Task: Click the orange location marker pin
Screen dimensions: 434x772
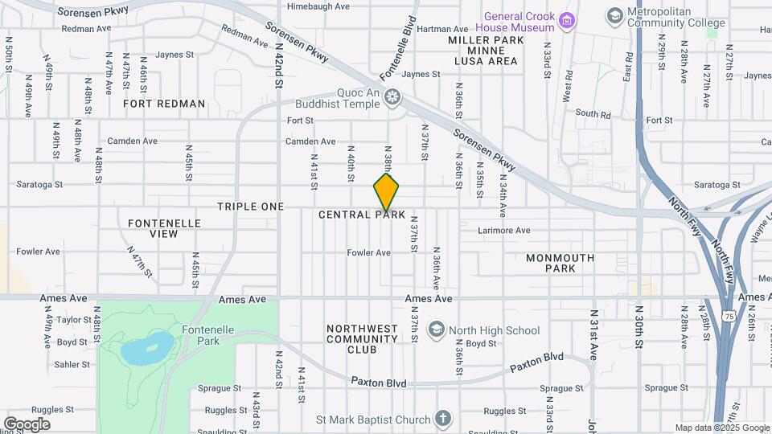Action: pyautogui.click(x=386, y=191)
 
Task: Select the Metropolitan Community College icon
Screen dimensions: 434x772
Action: pyautogui.click(x=615, y=16)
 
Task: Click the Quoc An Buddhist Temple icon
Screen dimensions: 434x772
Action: pyautogui.click(x=392, y=98)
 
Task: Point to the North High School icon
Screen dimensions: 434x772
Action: pyautogui.click(x=436, y=330)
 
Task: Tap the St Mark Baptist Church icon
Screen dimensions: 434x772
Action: pyautogui.click(x=442, y=418)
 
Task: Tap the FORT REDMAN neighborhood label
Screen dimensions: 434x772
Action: pyautogui.click(x=165, y=104)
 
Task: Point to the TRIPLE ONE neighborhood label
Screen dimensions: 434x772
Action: pyautogui.click(x=250, y=207)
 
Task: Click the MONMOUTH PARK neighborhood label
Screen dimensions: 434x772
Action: pyautogui.click(x=560, y=263)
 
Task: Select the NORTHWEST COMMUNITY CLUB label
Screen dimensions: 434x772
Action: pyautogui.click(x=362, y=339)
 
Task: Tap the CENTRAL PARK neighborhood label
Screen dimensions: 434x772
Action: pyautogui.click(x=362, y=215)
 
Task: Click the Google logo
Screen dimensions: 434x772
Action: pyautogui.click(x=27, y=424)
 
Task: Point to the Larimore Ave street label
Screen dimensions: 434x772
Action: pyautogui.click(x=503, y=231)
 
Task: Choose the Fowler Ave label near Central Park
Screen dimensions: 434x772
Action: pyautogui.click(x=369, y=252)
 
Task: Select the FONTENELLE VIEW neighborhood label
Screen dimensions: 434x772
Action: pyautogui.click(x=153, y=227)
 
